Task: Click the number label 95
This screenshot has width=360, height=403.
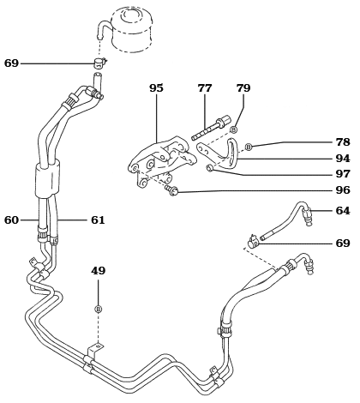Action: click(x=156, y=88)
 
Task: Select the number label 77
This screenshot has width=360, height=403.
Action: click(x=205, y=88)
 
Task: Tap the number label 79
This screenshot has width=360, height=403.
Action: click(x=243, y=88)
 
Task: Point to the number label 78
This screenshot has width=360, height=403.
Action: click(x=343, y=142)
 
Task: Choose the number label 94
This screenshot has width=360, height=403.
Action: click(x=343, y=159)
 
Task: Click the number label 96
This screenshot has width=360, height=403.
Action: click(x=343, y=190)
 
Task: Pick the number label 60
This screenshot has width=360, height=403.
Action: click(x=11, y=220)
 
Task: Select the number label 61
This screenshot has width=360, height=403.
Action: click(x=98, y=220)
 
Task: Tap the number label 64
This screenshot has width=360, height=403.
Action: click(x=343, y=211)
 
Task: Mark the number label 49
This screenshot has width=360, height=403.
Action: click(x=99, y=271)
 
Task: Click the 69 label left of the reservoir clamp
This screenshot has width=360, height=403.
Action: click(x=11, y=63)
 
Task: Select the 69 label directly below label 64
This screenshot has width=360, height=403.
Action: click(x=343, y=244)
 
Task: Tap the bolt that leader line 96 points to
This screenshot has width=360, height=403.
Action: click(x=172, y=190)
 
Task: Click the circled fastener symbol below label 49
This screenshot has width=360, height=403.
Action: click(x=99, y=309)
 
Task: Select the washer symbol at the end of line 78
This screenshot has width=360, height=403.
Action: click(x=249, y=147)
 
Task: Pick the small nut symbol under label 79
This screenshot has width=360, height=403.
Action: click(x=233, y=129)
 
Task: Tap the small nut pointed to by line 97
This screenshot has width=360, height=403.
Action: click(x=210, y=168)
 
